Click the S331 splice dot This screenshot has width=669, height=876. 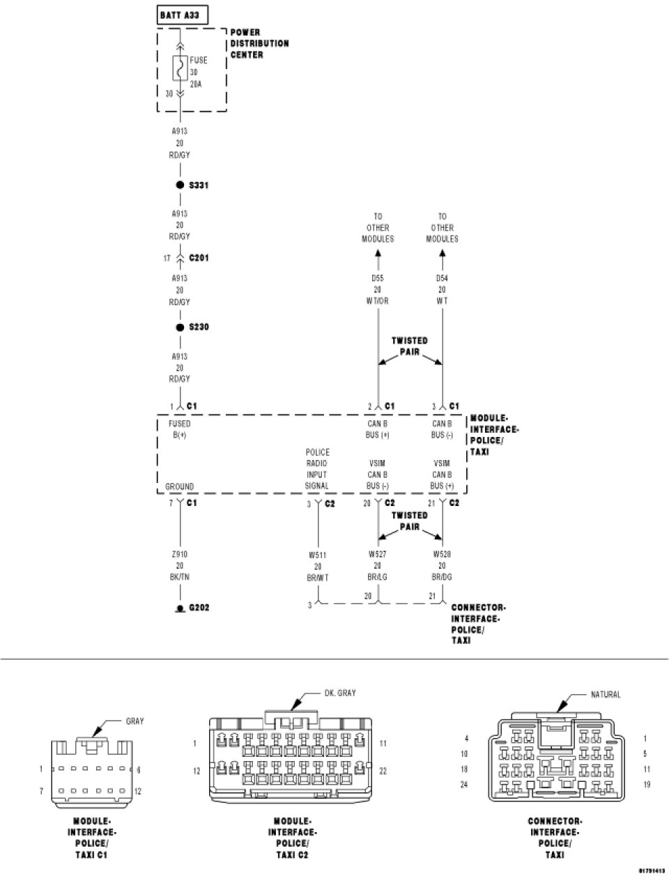pos(180,185)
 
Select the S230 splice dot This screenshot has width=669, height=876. pos(180,327)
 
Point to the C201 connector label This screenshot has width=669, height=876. pos(199,258)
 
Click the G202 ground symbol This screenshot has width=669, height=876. pos(180,608)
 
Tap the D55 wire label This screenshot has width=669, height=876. pos(377,278)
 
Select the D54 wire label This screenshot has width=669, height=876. pos(442,278)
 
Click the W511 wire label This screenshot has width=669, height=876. pos(317,555)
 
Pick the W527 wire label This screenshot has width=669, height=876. pos(377,555)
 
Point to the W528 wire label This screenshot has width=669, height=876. pos(442,555)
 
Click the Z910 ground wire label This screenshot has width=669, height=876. pos(180,555)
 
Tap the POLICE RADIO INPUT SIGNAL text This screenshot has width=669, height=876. pos(316,469)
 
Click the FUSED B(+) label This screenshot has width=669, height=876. pos(179,429)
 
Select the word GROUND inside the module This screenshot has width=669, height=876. pos(179,486)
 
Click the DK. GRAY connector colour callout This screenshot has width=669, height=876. pos(340,693)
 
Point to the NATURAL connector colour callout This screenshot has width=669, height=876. pos(605,694)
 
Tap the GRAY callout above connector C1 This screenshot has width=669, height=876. pos(134,721)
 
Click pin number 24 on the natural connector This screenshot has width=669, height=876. pos(464,784)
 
